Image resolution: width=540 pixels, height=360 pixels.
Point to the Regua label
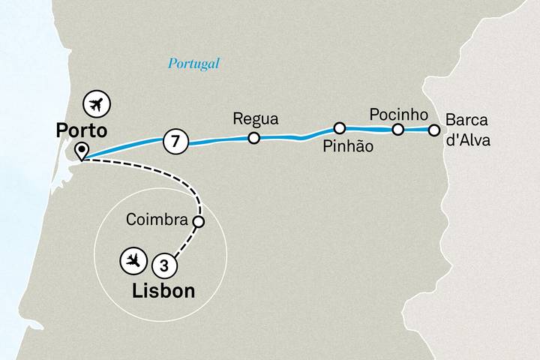coord(256,119)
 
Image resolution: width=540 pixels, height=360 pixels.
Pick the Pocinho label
coord(398,114)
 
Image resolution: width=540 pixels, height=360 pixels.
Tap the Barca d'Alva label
coord(467,129)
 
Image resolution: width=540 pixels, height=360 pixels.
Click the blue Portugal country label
coord(193,64)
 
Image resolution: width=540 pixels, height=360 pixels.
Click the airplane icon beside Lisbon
coord(132,261)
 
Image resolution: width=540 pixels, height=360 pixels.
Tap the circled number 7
coord(175,140)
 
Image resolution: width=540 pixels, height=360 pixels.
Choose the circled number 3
coord(164,264)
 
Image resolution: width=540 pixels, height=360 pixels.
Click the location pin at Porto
coord(80,151)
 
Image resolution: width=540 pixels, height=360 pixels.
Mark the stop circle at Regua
coord(254,138)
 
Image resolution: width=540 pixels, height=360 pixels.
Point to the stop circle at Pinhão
coord(340,128)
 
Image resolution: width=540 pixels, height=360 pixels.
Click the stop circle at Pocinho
coord(398,130)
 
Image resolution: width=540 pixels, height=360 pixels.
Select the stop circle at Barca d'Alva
coord(433,130)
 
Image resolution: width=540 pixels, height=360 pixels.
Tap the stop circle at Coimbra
coord(199,221)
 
